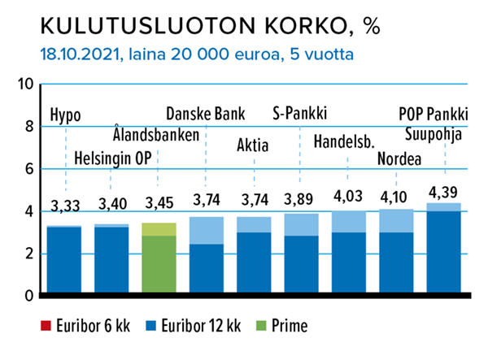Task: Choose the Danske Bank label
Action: [x=205, y=114]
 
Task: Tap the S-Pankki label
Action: [x=304, y=114]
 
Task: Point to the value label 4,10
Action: [x=396, y=197]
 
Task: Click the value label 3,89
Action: [x=302, y=201]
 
